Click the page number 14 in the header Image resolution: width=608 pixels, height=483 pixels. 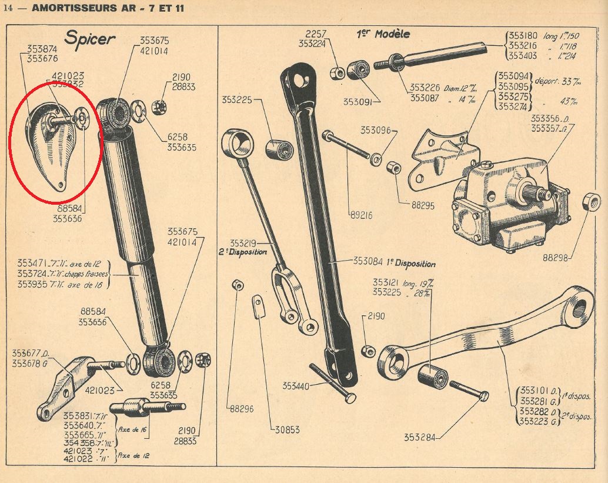(x=8, y=7)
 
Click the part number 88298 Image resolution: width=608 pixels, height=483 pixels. (x=556, y=258)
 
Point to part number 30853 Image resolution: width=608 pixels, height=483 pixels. (x=288, y=430)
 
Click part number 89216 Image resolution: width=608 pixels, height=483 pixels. (x=360, y=215)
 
